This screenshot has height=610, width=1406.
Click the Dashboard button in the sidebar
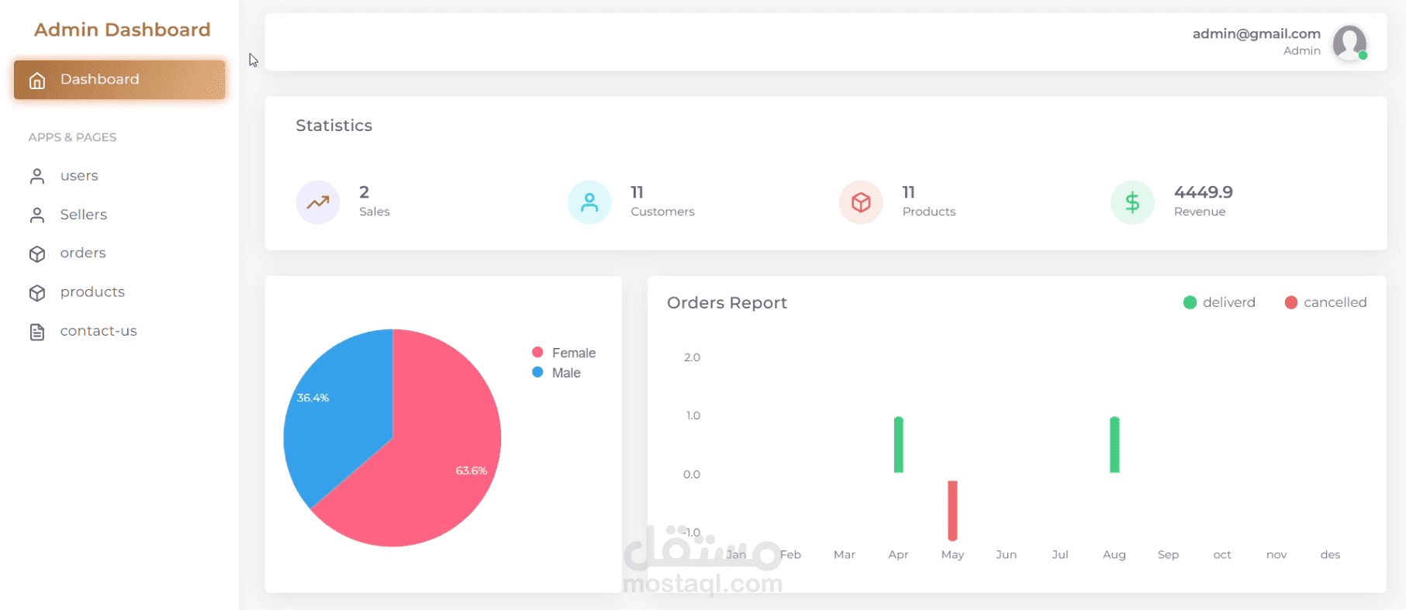[119, 80]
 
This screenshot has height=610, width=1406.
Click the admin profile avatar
[1349, 42]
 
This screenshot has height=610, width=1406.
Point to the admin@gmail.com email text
[1256, 33]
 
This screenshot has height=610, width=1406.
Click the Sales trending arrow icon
[318, 202]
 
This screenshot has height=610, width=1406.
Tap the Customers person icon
[589, 202]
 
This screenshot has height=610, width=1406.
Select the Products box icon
[861, 202]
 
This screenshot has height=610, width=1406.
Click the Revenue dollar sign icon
[1132, 202]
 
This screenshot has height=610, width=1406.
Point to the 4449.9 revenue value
[1203, 192]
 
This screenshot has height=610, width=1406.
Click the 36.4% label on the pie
[313, 398]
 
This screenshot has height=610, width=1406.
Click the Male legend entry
[557, 373]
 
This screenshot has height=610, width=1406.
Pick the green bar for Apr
[898, 445]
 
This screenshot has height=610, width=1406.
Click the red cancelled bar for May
[952, 510]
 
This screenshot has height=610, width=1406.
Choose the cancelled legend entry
[1325, 302]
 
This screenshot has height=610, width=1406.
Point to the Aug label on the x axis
[1114, 555]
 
